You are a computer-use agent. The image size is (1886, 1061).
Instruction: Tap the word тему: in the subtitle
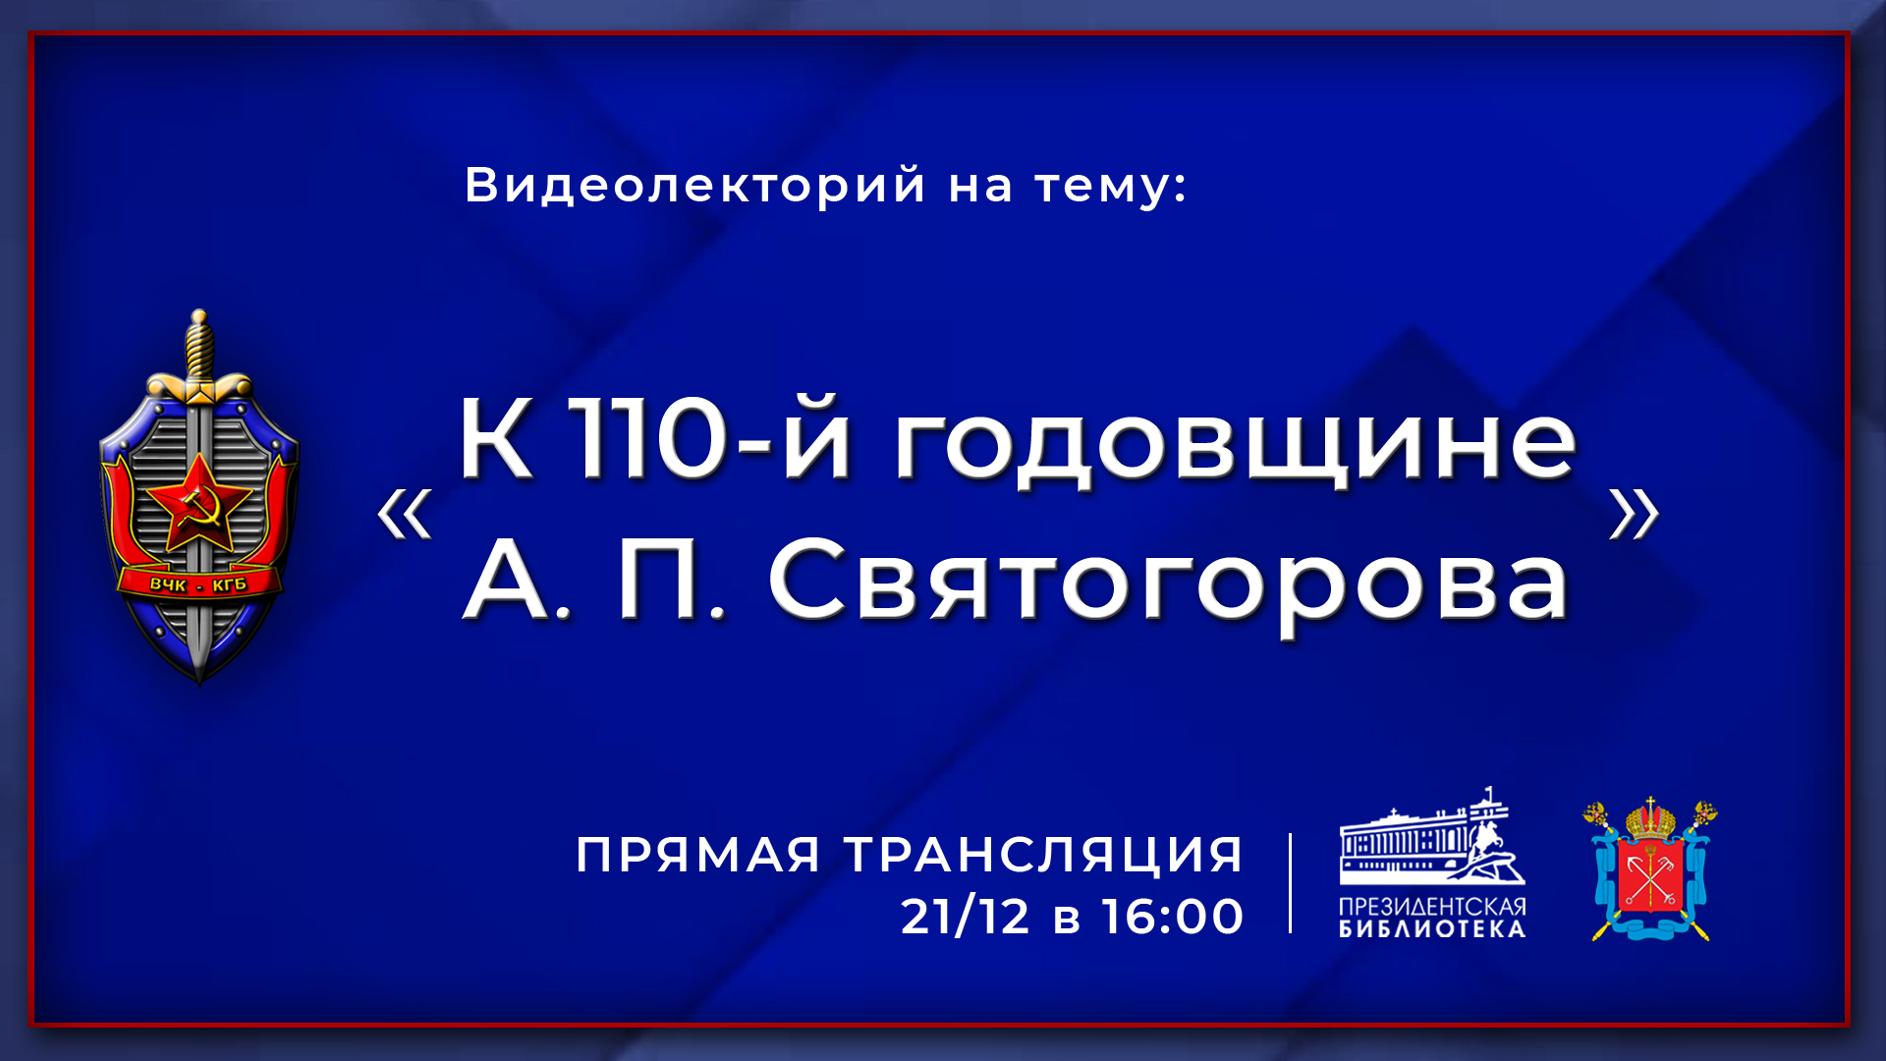(x=1111, y=187)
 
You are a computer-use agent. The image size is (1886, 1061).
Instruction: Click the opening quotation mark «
(x=405, y=514)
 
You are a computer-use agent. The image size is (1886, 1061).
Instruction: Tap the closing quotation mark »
(x=1634, y=514)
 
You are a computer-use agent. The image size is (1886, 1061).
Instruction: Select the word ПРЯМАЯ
(x=697, y=855)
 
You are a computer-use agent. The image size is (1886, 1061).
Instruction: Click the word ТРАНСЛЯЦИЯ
(x=1044, y=855)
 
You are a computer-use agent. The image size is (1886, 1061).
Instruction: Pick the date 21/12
(x=965, y=917)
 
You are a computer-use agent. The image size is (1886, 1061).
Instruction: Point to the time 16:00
(x=1173, y=917)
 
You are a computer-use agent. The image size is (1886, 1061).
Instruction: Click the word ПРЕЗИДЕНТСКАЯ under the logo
(x=1432, y=907)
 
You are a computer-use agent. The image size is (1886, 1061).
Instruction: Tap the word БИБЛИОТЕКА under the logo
(x=1432, y=929)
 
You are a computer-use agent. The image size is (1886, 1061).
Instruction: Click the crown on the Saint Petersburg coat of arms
(x=1651, y=819)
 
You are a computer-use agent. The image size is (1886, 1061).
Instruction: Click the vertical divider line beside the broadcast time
(x=1290, y=883)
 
